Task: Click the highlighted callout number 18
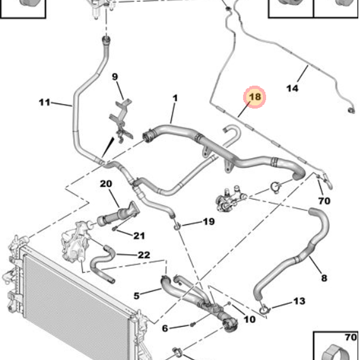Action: click(x=255, y=97)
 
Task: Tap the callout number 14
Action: click(x=292, y=88)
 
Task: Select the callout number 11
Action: click(x=45, y=102)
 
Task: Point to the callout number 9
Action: click(x=115, y=77)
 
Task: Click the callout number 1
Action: click(x=175, y=98)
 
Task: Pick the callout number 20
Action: click(x=106, y=184)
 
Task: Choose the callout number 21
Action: click(x=139, y=236)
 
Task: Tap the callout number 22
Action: click(x=144, y=255)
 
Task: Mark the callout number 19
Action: click(x=209, y=221)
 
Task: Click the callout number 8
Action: click(x=324, y=278)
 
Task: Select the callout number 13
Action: click(x=299, y=301)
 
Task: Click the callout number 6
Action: click(x=165, y=328)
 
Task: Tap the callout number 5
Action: click(x=136, y=296)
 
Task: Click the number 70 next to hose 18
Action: click(x=324, y=201)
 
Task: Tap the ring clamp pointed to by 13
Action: click(x=265, y=309)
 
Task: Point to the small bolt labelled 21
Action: click(x=114, y=228)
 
